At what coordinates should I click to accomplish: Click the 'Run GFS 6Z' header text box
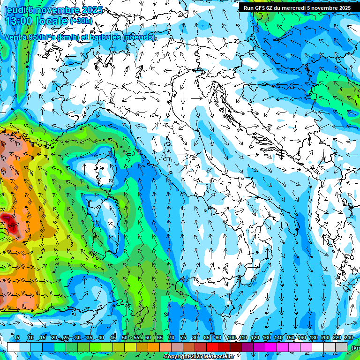pos(297,7)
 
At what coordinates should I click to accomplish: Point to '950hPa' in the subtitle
pos(41,37)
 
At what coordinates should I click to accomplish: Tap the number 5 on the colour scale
pos(18,337)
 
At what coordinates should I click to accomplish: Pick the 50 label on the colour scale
pos(125,337)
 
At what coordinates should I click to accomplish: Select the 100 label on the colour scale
pos(231,337)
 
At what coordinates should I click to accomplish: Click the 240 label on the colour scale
pos(348,337)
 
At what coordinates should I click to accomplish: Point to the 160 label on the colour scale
pos(301,337)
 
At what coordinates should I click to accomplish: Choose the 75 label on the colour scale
pos(183,337)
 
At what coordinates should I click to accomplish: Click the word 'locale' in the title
pos(52,22)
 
